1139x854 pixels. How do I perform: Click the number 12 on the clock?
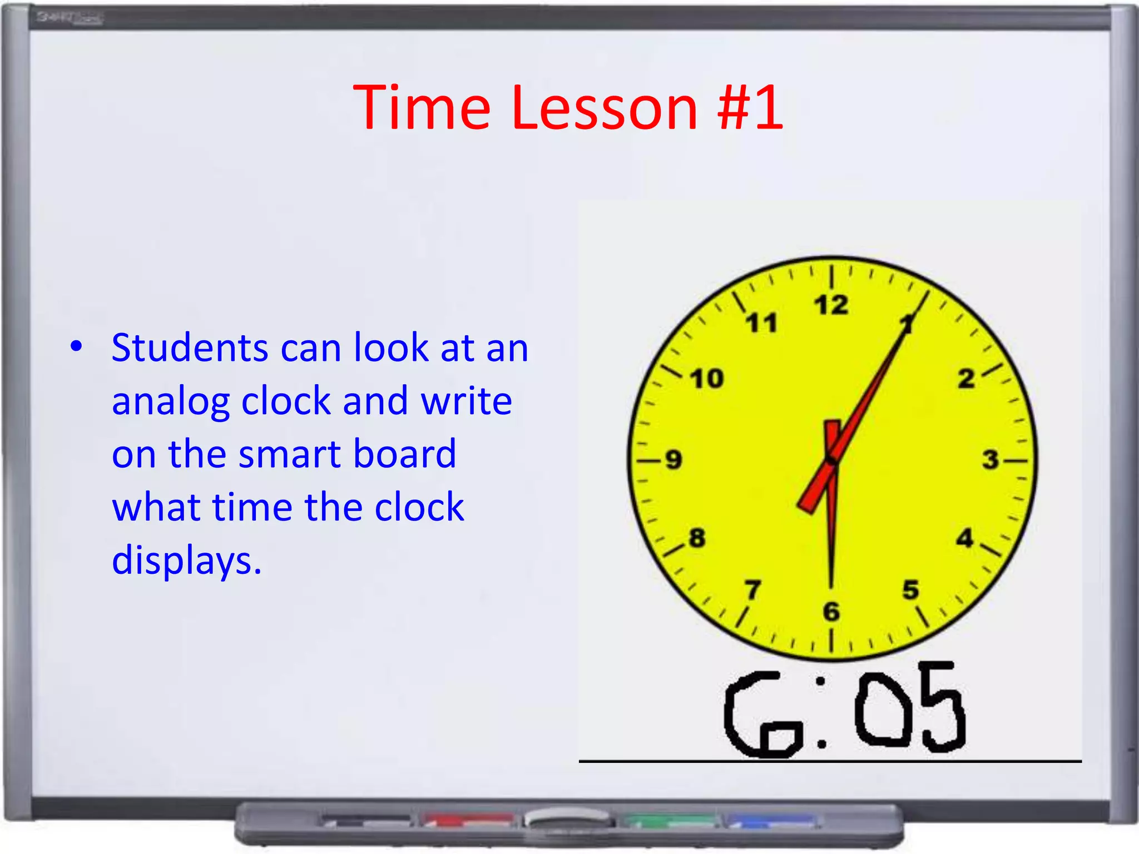point(831,305)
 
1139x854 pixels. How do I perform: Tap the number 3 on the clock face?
point(990,460)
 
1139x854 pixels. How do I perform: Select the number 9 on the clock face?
point(674,460)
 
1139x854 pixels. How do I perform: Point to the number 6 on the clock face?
point(831,612)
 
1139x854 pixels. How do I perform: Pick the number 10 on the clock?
point(707,379)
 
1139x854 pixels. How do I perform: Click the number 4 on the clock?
point(965,538)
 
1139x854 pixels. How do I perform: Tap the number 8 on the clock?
point(697,538)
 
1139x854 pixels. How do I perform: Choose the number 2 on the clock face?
point(967,379)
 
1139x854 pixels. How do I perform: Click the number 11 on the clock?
point(761,323)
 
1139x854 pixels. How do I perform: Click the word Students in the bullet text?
point(189,348)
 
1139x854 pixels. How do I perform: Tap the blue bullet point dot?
point(76,346)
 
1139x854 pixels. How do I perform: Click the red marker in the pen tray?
point(468,820)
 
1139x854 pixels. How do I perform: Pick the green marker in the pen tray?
point(670,820)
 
